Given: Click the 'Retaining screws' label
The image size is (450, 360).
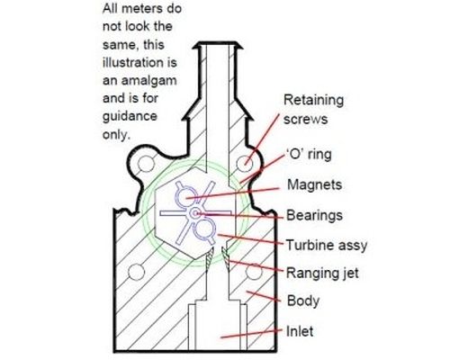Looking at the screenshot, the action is click(313, 110).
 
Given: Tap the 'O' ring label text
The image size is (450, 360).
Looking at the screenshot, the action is click(308, 155).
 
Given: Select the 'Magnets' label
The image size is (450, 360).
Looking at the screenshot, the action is click(314, 184).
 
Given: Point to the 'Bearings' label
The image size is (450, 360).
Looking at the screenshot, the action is click(314, 215).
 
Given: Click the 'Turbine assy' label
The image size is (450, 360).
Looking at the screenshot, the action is click(327, 245).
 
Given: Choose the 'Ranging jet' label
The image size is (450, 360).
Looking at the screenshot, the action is click(322, 273).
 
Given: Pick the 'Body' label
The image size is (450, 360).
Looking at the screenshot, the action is click(303, 301).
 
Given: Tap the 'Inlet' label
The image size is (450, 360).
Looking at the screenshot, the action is click(300, 331).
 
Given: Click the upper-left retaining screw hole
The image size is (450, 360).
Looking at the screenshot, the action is click(146, 164).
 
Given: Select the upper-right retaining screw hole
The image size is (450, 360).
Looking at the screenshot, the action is click(245, 164).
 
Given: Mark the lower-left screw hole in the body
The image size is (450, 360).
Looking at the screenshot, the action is click(137, 272).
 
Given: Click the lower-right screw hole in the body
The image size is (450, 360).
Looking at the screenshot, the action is click(254, 272).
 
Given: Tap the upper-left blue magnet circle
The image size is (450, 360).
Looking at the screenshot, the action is click(185, 197).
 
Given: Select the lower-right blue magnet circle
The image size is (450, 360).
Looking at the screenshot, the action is click(204, 229).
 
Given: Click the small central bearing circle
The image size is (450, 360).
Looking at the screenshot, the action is click(195, 213).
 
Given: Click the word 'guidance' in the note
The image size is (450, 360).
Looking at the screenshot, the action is click(130, 116).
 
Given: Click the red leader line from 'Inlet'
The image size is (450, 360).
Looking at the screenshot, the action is click(251, 334).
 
